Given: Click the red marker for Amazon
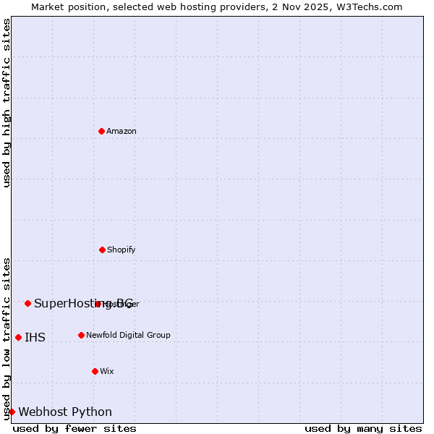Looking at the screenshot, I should click(102, 131).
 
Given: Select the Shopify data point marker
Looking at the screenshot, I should click(102, 250).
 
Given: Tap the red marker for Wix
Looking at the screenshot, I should click(95, 371).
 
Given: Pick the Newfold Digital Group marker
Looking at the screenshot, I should click(81, 335).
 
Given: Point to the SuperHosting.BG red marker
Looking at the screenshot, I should click(27, 303).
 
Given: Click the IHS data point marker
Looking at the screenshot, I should click(18, 337).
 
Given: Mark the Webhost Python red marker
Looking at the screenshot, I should click(12, 412).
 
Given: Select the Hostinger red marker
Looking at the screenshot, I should click(98, 304).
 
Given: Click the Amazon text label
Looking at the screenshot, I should click(122, 131).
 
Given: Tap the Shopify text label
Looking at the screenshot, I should click(122, 250).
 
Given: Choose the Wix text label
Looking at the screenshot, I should click(107, 371).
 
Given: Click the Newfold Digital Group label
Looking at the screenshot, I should click(128, 335).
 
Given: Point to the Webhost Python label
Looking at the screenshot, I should click(65, 412).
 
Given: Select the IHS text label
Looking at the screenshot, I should click(35, 337).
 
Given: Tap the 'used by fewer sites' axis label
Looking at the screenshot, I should click(75, 428).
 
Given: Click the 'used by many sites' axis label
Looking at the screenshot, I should click(363, 428).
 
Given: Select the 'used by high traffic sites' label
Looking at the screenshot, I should click(7, 103).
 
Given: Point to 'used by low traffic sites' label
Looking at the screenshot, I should click(7, 338).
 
